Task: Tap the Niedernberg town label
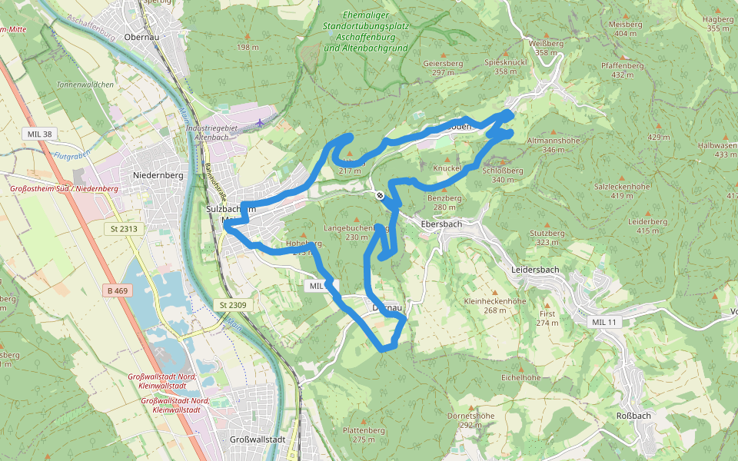[x=158, y=175]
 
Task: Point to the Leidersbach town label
[x=535, y=270]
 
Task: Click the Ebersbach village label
[x=441, y=224]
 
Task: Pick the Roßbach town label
[x=634, y=415]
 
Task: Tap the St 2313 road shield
[x=123, y=228]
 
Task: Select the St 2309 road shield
[x=234, y=305]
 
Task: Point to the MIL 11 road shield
[x=601, y=321]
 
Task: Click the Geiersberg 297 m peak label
[x=443, y=68]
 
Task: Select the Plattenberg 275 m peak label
[x=364, y=435]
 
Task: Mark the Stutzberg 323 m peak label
[x=547, y=237]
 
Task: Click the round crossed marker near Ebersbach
[x=380, y=195]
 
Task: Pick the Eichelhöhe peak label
[x=521, y=378]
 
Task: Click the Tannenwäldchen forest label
[x=85, y=85]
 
